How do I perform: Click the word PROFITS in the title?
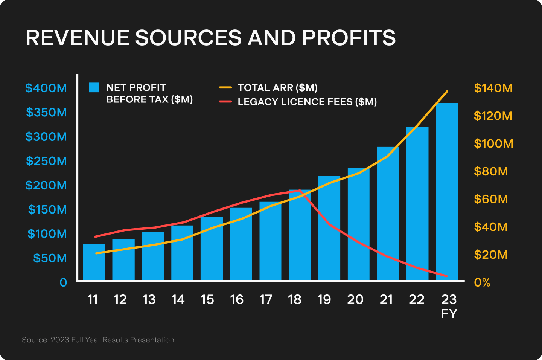pyautogui.click(x=349, y=38)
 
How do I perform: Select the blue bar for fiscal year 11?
pyautogui.click(x=94, y=262)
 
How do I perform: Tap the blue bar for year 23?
pyautogui.click(x=447, y=192)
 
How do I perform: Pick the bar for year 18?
pyautogui.click(x=300, y=235)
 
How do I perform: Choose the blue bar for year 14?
pyautogui.click(x=182, y=253)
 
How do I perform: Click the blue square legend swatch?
pyautogui.click(x=94, y=88)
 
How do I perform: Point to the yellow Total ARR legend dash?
pyautogui.click(x=225, y=88)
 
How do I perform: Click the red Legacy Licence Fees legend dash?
pyautogui.click(x=225, y=102)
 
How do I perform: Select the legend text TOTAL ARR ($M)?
pyautogui.click(x=277, y=88)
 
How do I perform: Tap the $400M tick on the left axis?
pyautogui.click(x=46, y=88)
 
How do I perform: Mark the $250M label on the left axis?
pyautogui.click(x=46, y=161)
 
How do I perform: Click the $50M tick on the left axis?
pyautogui.click(x=50, y=258)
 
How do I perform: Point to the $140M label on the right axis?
pyautogui.click(x=493, y=88)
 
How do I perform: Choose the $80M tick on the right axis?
pyautogui.click(x=491, y=171)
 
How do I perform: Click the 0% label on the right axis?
pyautogui.click(x=482, y=282)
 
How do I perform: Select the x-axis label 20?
pyautogui.click(x=355, y=299)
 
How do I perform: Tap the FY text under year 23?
pyautogui.click(x=449, y=314)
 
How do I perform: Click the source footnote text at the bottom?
pyautogui.click(x=98, y=340)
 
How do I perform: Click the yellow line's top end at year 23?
pyautogui.click(x=447, y=92)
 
